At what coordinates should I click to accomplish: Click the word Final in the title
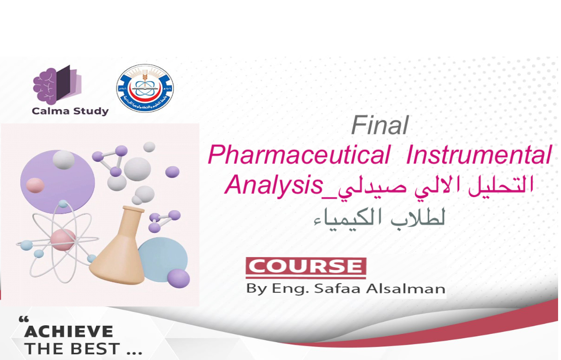pyautogui.click(x=380, y=126)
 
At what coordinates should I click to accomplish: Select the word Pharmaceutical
pyautogui.click(x=299, y=156)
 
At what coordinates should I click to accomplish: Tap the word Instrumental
pyautogui.click(x=478, y=156)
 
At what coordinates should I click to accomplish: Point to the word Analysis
pyautogui.click(x=274, y=185)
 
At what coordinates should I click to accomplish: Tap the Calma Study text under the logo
pyautogui.click(x=70, y=111)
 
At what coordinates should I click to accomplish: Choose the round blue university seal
pyautogui.click(x=145, y=88)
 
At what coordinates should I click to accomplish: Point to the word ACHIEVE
pyautogui.click(x=69, y=331)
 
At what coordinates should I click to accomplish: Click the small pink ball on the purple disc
pyautogui.click(x=35, y=185)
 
